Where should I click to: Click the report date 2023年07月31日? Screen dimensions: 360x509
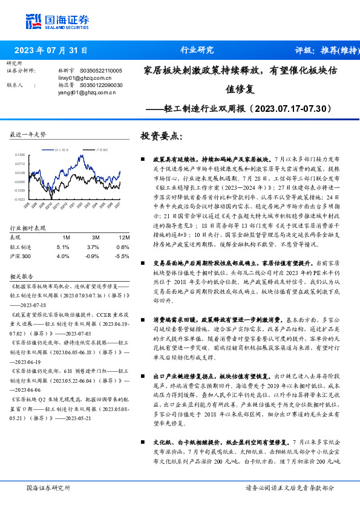click(x=51, y=50)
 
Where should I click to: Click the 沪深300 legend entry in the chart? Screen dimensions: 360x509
click(x=103, y=148)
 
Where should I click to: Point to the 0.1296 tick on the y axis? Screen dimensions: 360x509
click(x=20, y=155)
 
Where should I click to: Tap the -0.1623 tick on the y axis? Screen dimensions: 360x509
click(x=20, y=199)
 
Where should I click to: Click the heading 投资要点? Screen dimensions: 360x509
click(x=161, y=136)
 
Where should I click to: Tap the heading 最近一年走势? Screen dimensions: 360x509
click(x=28, y=134)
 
